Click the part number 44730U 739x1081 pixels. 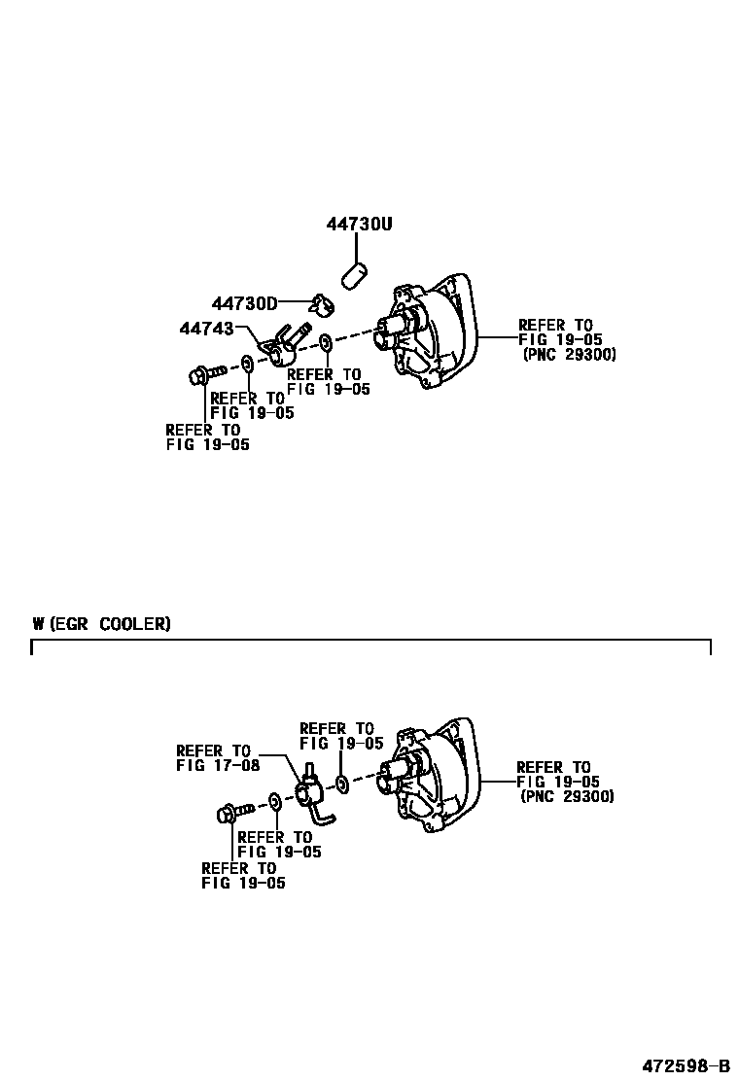358,225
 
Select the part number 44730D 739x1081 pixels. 244,303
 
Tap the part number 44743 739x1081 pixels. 206,329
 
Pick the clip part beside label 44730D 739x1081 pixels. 320,304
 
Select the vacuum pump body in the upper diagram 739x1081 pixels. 428,331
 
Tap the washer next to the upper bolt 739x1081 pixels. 248,364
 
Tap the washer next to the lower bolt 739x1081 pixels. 275,801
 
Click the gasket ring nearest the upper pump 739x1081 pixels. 325,343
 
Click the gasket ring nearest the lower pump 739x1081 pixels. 341,784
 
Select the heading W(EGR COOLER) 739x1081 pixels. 101,624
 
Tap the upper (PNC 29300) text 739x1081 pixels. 569,355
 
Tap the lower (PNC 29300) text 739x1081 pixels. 567,797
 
